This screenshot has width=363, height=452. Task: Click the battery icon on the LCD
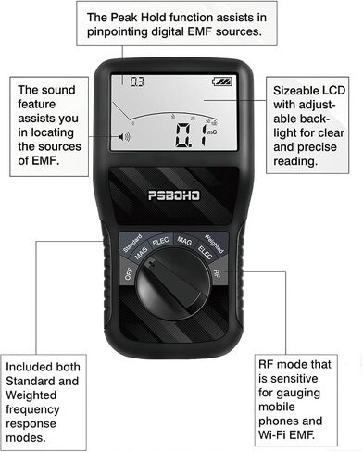pyautogui.click(x=222, y=82)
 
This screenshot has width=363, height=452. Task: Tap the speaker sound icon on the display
pyautogui.click(x=124, y=137)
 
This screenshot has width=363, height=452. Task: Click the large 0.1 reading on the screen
pyautogui.click(x=190, y=134)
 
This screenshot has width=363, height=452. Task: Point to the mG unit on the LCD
pyautogui.click(x=212, y=132)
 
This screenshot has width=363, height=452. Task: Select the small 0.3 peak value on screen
pyautogui.click(x=137, y=82)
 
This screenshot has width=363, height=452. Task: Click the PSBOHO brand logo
pyautogui.click(x=174, y=195)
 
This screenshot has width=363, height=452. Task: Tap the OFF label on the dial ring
pyautogui.click(x=129, y=274)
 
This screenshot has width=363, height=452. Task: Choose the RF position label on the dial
pyautogui.click(x=217, y=273)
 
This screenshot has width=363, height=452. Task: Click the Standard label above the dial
pyautogui.click(x=132, y=244)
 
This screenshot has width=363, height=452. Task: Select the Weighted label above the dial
pyautogui.click(x=214, y=244)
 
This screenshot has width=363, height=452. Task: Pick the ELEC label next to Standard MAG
pyautogui.click(x=160, y=241)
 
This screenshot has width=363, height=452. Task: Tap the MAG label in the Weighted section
pyautogui.click(x=184, y=241)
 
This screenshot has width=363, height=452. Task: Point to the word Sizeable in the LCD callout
pyautogui.click(x=296, y=91)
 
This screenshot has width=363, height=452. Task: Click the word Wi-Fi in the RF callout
pyautogui.click(x=271, y=435)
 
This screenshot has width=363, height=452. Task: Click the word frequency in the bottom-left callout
pyautogui.click(x=32, y=409)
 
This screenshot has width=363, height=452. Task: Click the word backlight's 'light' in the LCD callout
pyautogui.click(x=287, y=133)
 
